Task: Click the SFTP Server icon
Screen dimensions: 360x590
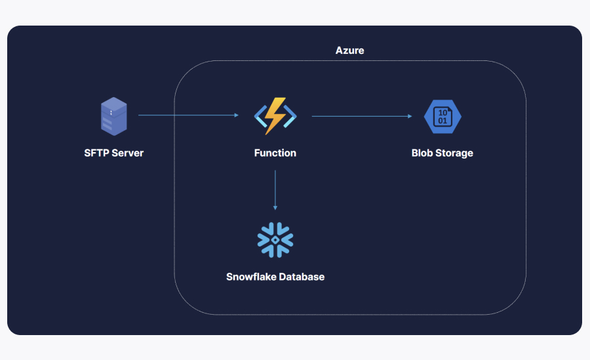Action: point(113,116)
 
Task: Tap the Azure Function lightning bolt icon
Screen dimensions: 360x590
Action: point(275,115)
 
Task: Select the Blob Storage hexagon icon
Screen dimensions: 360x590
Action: point(442,117)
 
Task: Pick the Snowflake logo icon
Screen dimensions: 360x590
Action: point(275,240)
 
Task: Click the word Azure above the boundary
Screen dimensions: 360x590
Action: point(349,50)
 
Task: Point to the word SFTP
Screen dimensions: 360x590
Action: point(97,153)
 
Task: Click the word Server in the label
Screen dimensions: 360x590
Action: point(128,153)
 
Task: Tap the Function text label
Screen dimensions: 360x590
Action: point(275,153)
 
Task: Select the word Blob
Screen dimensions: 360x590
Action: point(423,153)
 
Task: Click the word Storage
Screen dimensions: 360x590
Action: point(454,153)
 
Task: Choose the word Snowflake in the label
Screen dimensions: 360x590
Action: point(251,277)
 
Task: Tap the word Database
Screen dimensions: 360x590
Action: point(302,277)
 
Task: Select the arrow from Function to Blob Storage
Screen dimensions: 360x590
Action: point(361,116)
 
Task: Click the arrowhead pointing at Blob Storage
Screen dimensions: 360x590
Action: point(410,116)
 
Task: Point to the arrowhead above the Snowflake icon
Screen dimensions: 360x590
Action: point(275,207)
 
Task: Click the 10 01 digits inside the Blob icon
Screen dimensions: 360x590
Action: point(443,117)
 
